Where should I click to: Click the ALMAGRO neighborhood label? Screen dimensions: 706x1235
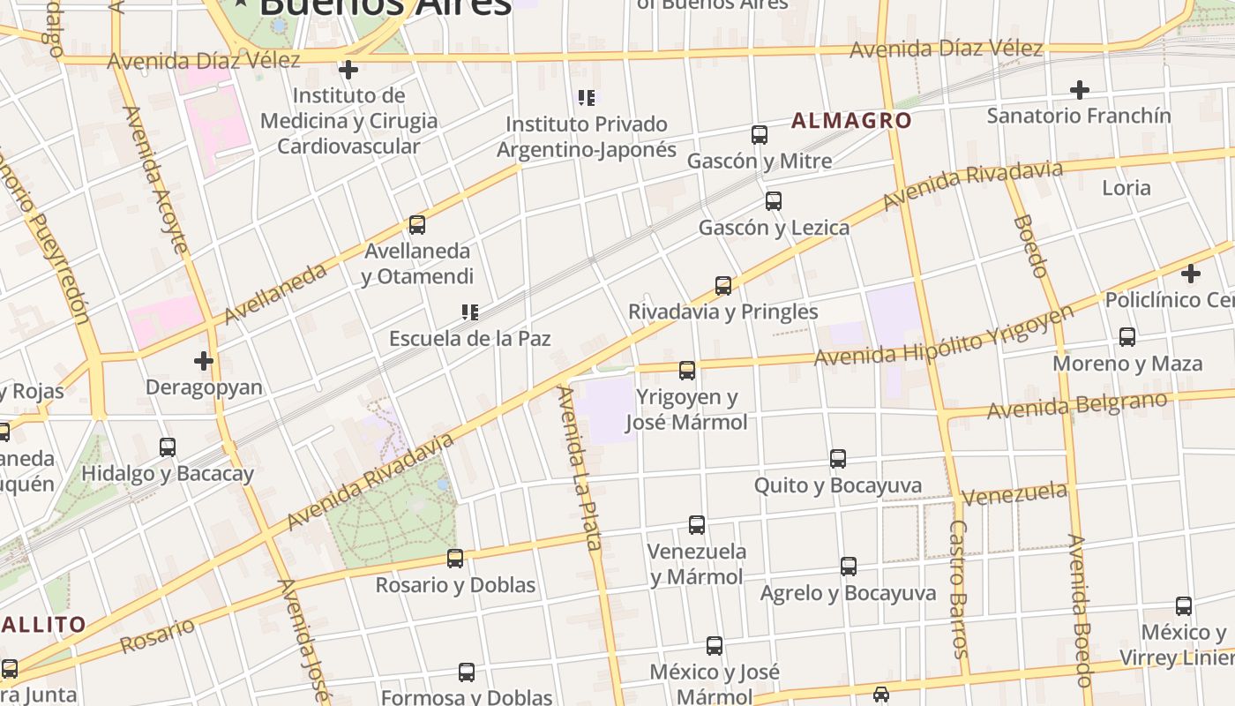coord(851,121)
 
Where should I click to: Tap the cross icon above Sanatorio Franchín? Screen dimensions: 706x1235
coord(1079,89)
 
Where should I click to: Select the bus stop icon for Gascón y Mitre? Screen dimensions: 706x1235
coord(760,135)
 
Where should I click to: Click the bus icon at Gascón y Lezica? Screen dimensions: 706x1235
coord(774,201)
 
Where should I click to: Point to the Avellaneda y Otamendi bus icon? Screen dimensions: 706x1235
coord(417,225)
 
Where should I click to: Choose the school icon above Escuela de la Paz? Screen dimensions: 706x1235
coord(470,312)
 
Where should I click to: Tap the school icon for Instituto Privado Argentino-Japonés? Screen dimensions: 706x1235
coord(587,97)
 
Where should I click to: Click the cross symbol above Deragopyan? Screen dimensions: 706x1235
coord(204,360)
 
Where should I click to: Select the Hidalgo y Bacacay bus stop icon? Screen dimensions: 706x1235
coord(168,447)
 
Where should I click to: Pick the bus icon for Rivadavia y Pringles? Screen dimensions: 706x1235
coord(723,286)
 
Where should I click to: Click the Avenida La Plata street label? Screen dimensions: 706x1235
coord(579,468)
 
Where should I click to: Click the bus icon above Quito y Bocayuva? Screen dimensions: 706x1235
coord(838,459)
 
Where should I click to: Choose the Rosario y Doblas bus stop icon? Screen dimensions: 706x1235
coord(455,559)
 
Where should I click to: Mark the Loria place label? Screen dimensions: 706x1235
coord(1126,187)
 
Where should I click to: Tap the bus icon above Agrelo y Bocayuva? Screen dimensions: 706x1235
coord(849,567)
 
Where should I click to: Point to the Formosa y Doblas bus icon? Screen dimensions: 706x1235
coord(467,672)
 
